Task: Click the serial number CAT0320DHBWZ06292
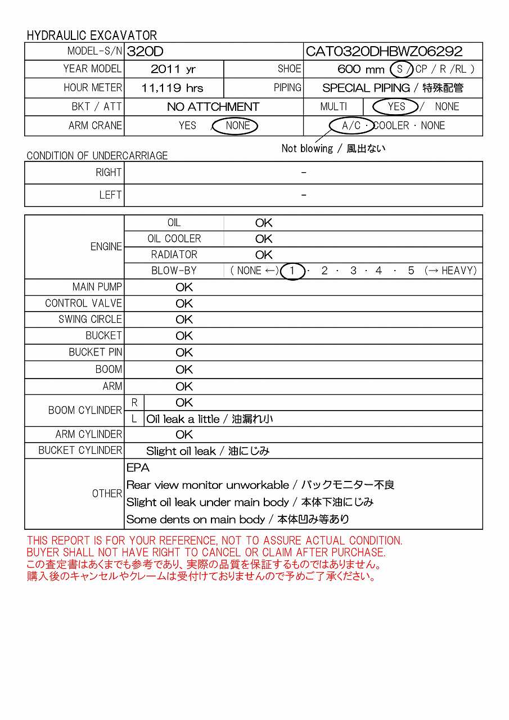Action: [384, 52]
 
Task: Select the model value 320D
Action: [145, 52]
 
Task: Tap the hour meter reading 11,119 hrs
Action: [173, 88]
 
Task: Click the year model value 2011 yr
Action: [173, 69]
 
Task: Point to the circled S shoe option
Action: [400, 69]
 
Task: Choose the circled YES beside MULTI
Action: [396, 106]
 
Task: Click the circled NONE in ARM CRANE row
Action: [237, 125]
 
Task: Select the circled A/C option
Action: [352, 125]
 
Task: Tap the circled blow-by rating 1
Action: [292, 271]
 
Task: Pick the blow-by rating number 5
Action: [411, 271]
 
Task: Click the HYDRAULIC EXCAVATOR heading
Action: [92, 35]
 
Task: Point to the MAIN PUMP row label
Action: [97, 287]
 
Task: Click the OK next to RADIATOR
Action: [264, 255]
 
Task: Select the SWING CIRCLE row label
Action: [90, 319]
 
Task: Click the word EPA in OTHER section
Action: [138, 468]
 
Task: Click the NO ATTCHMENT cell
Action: [213, 107]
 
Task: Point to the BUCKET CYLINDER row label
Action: [80, 451]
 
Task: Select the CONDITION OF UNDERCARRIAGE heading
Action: [97, 155]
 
